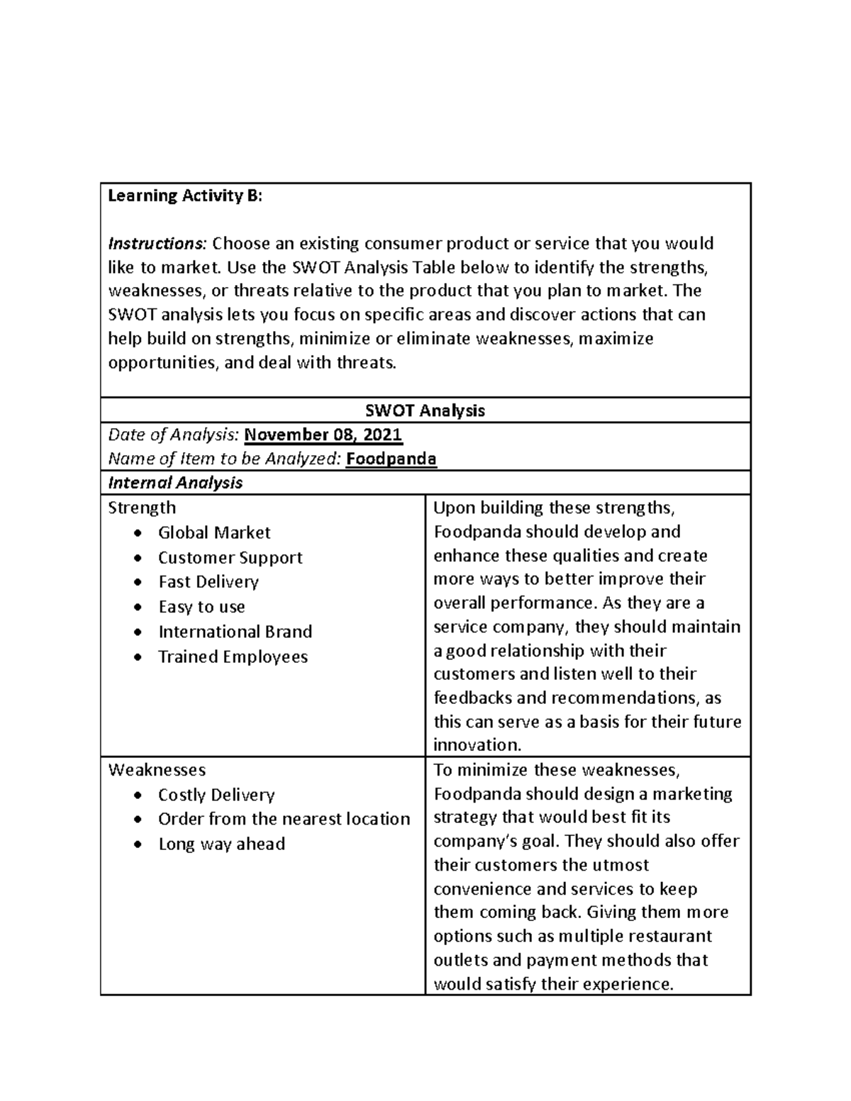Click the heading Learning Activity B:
point(185,196)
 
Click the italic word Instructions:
point(157,244)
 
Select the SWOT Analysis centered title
point(425,410)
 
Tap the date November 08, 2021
point(323,435)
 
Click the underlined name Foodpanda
point(391,459)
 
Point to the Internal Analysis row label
point(175,483)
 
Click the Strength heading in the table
point(142,508)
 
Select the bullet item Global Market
point(214,532)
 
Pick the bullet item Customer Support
point(230,558)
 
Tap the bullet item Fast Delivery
point(208,582)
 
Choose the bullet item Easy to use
point(201,607)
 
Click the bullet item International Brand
point(235,632)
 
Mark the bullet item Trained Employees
point(233,656)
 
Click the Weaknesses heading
point(157,770)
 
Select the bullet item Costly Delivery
point(216,795)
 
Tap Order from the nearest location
point(284,819)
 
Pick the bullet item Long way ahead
point(221,844)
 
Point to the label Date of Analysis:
point(174,435)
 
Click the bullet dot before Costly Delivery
point(138,795)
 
